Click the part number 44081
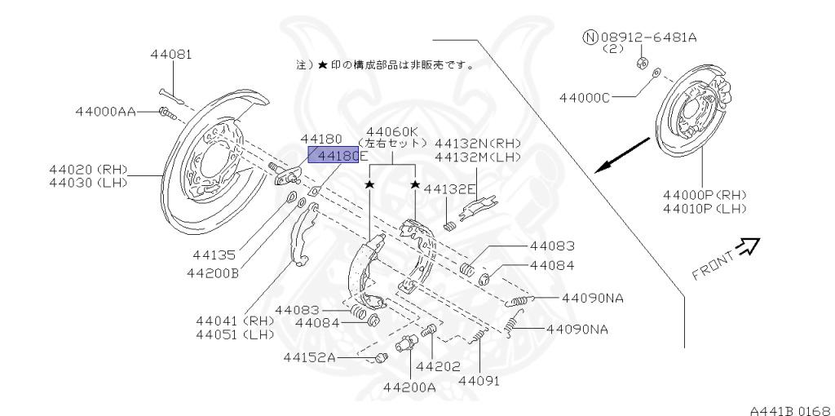(x=170, y=55)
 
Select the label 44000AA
(x=106, y=111)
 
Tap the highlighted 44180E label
(x=333, y=155)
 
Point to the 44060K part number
(x=392, y=131)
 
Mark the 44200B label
(x=211, y=273)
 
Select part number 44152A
(x=309, y=357)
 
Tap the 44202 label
(x=438, y=366)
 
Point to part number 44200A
(x=409, y=387)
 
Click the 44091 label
(x=479, y=380)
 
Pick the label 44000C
(x=584, y=98)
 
